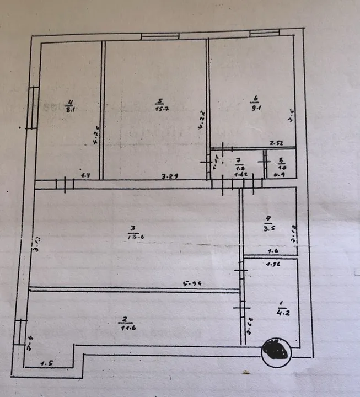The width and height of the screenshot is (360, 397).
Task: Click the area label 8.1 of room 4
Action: tap(70, 109)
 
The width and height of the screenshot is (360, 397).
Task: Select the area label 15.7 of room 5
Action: tap(160, 108)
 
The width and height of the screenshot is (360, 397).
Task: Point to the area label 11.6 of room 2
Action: tap(126, 327)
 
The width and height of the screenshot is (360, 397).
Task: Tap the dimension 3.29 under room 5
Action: tap(169, 177)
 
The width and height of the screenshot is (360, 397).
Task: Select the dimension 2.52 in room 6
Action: tap(276, 144)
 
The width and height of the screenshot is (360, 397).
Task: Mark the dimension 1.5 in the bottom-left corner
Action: tap(47, 363)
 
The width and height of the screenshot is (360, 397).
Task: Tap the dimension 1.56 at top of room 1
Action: tap(272, 264)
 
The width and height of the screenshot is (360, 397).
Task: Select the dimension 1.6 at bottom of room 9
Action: tap(273, 251)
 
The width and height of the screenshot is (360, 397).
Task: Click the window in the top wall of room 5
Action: tap(160, 36)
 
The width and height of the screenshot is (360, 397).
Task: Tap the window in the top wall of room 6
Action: tap(265, 33)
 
